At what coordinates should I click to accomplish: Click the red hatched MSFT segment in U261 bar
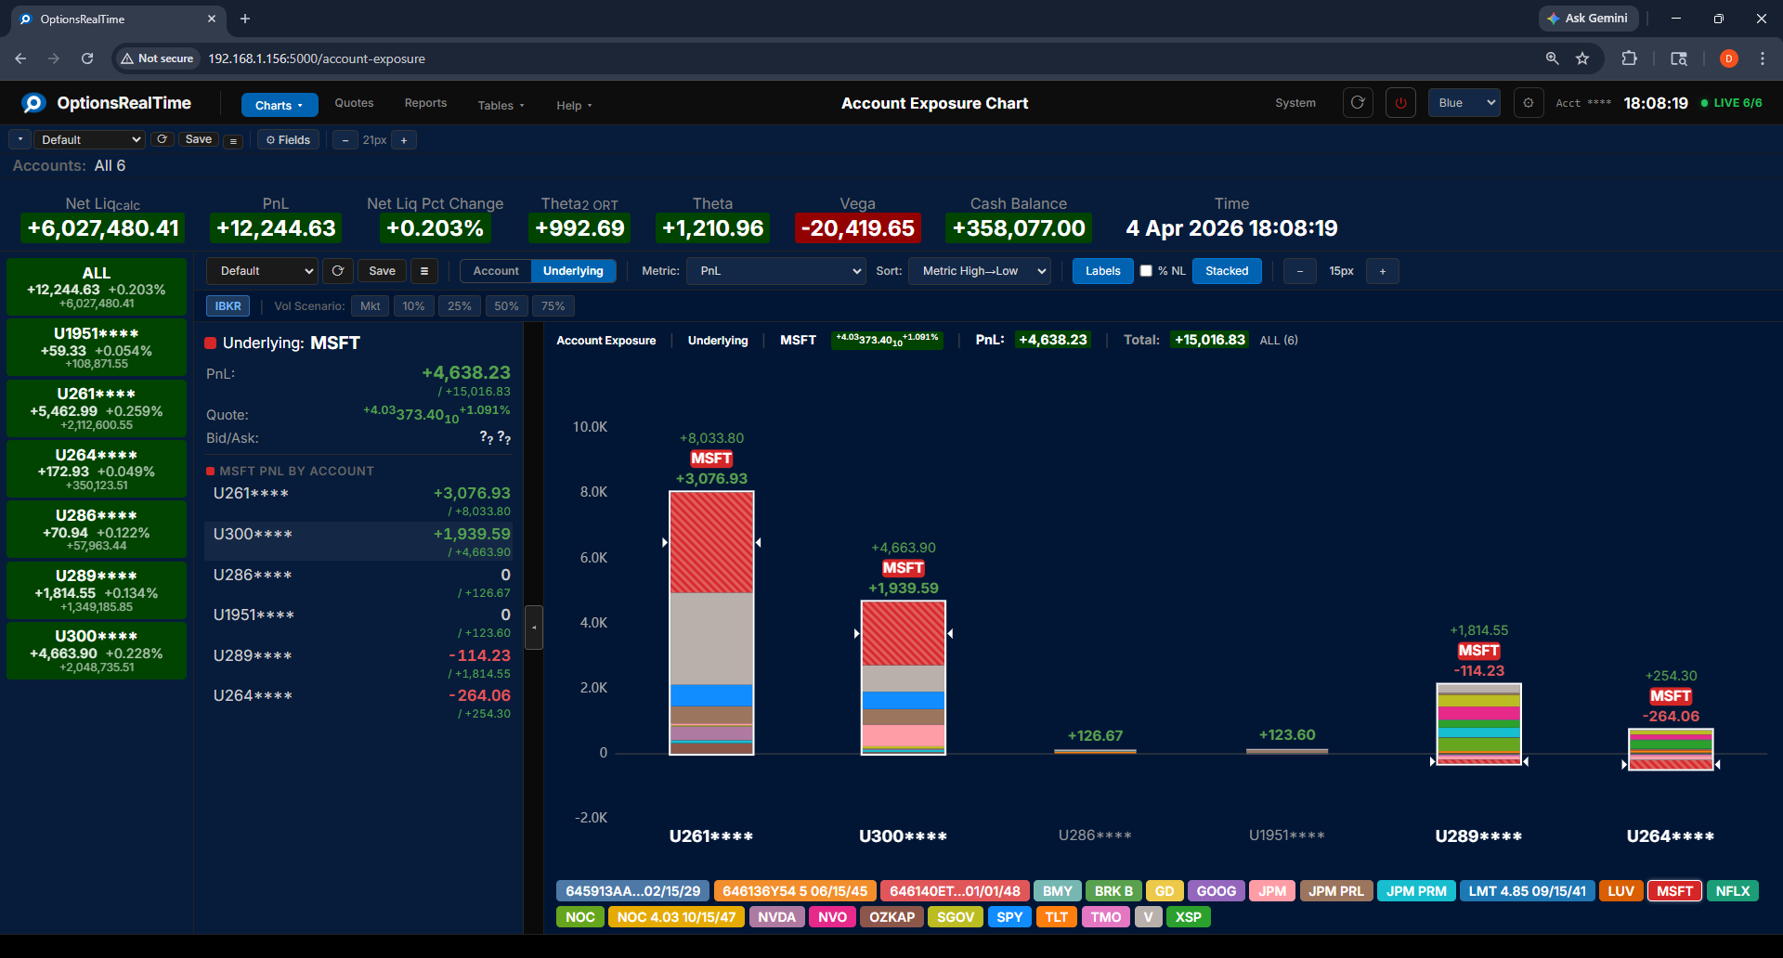pos(711,542)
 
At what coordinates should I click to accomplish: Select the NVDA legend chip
pos(776,917)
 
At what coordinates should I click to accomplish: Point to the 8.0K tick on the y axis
pos(593,492)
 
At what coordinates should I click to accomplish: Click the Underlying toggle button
pos(573,271)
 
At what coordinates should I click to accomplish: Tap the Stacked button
pos(1226,271)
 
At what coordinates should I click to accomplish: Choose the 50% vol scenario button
pos(506,306)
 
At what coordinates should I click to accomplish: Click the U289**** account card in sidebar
pos(97,589)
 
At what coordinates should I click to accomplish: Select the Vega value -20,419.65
pos(857,228)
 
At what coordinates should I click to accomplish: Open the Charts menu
pos(279,105)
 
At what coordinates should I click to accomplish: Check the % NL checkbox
pos(1146,271)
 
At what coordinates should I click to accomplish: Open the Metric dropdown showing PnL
pos(777,271)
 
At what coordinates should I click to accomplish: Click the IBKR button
pos(228,306)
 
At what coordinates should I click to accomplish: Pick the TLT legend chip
pos(1056,917)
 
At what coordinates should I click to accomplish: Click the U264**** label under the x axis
pos(1670,836)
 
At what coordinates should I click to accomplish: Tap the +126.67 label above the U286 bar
pos(1095,736)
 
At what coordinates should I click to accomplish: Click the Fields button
pos(288,140)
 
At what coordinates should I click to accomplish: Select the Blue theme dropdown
pos(1464,103)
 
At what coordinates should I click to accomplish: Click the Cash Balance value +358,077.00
pos(1018,228)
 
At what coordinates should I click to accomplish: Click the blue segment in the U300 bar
pos(903,700)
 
